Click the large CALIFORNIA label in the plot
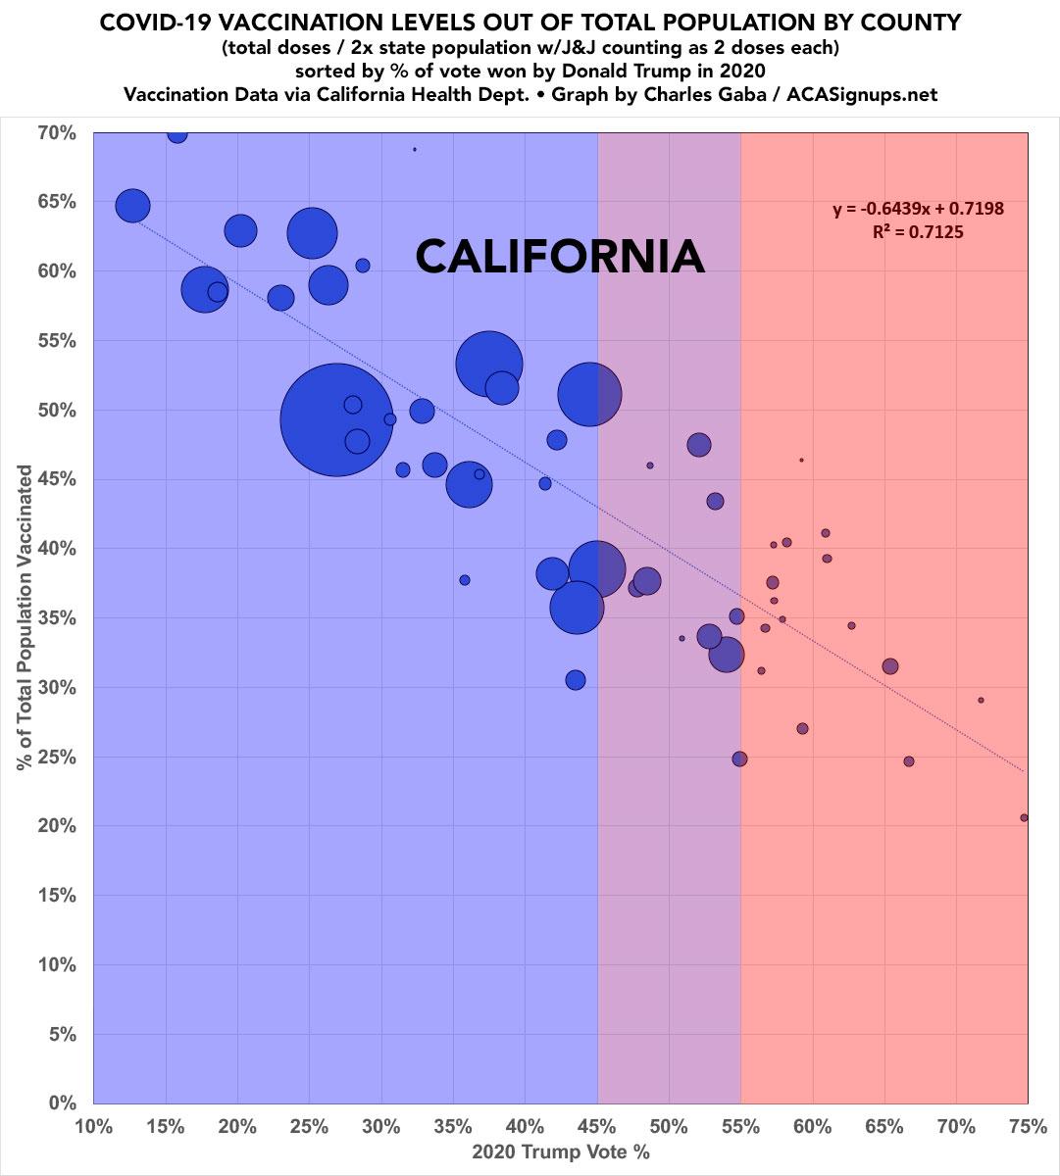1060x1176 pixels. pos(560,258)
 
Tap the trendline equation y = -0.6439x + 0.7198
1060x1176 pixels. pos(918,209)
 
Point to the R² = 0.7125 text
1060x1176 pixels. pos(918,232)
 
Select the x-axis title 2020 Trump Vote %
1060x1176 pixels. pos(560,1151)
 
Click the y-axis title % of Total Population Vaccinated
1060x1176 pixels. pos(25,617)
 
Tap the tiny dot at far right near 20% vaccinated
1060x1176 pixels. pos(1024,817)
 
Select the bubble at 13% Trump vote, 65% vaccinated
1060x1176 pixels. pos(132,205)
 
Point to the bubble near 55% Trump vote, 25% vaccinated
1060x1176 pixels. pos(739,759)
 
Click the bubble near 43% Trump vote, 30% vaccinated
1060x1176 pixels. pos(576,680)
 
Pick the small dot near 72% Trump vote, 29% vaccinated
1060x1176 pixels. pos(981,700)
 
